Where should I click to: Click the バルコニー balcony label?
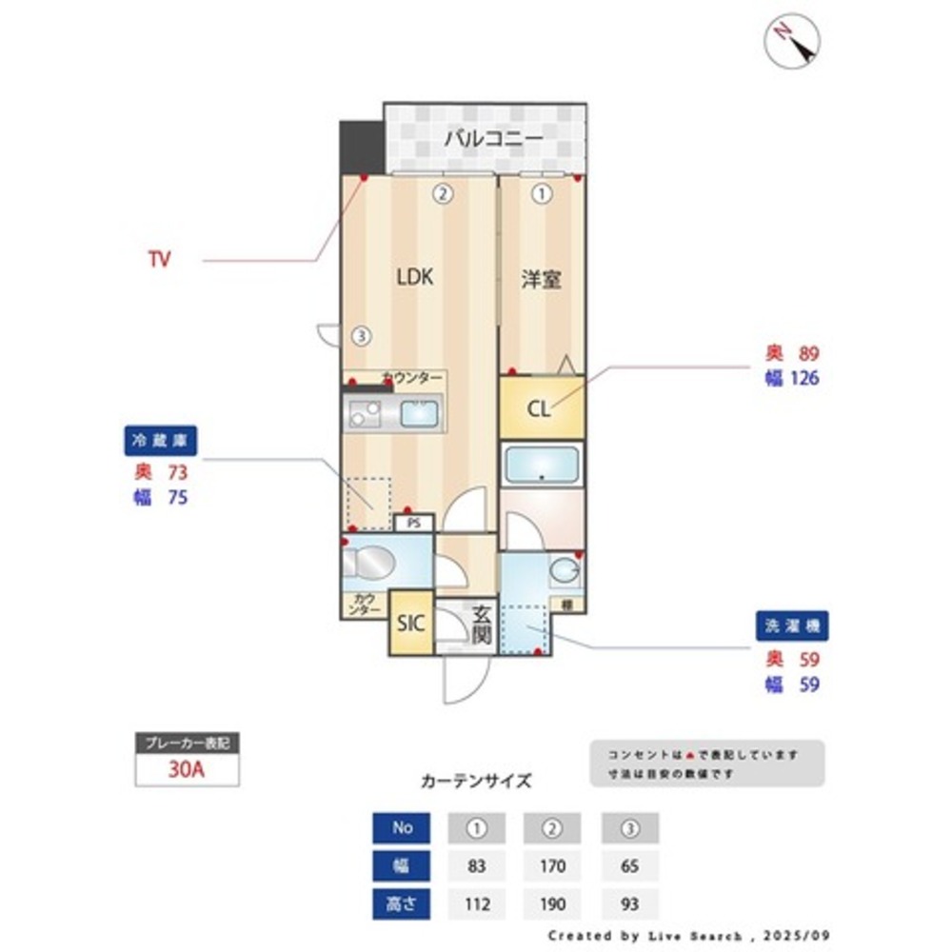[x=493, y=139]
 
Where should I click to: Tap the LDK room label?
[x=416, y=277]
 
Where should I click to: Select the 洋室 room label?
[x=541, y=280]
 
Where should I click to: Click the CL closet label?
[x=539, y=409]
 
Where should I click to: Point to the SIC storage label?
[x=410, y=624]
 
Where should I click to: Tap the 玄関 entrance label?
[x=481, y=625]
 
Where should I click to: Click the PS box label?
[x=413, y=523]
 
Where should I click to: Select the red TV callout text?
[x=159, y=259]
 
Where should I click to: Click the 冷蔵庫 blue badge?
[x=160, y=441]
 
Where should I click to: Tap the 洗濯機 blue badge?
[x=792, y=625]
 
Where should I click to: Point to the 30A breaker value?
[x=187, y=769]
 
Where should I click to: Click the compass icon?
[x=792, y=40]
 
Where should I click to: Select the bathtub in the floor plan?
[x=541, y=465]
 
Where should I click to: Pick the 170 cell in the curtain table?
[x=552, y=866]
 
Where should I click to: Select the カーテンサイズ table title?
[x=476, y=781]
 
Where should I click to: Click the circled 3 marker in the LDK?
[x=360, y=335]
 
